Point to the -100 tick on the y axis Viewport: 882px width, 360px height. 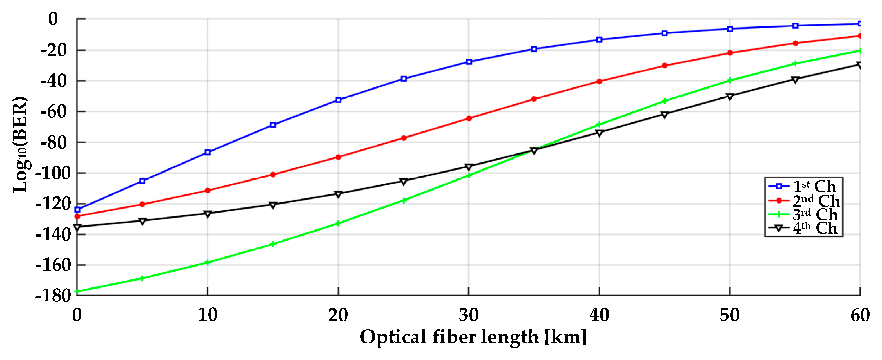click(x=53, y=173)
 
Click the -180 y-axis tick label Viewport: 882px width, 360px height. click(x=53, y=295)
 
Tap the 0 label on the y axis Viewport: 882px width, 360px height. click(x=53, y=19)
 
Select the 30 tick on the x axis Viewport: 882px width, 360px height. click(x=468, y=315)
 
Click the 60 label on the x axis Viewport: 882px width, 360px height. click(x=860, y=315)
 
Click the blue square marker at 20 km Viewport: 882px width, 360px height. click(x=338, y=100)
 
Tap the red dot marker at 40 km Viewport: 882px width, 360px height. click(x=599, y=81)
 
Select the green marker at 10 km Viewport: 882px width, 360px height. click(x=208, y=263)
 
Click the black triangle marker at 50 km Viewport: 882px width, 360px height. click(x=730, y=97)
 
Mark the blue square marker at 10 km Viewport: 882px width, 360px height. click(x=208, y=152)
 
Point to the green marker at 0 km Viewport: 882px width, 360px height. click(x=77, y=292)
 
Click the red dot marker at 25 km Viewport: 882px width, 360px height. click(x=404, y=138)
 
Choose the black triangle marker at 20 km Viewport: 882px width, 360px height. click(x=338, y=194)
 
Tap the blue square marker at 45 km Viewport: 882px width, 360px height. click(x=665, y=33)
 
